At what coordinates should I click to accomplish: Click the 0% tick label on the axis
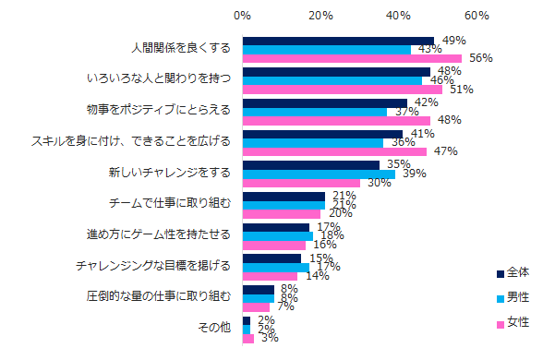242,16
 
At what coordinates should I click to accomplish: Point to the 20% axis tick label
320,16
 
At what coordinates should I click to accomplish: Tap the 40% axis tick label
399,16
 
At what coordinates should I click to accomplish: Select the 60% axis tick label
477,16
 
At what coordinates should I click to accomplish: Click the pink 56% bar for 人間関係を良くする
352,59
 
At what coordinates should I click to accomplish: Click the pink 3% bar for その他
247,339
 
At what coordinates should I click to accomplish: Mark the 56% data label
480,59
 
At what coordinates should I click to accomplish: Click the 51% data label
461,90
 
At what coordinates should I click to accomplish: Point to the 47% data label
445,152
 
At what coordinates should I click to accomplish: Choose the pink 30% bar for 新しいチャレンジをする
301,183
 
